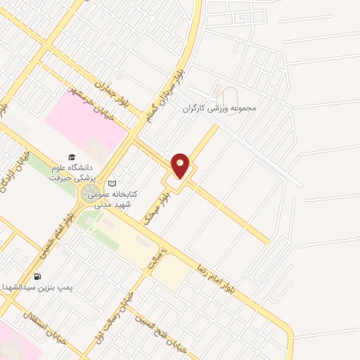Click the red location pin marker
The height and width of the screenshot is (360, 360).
pyautogui.click(x=181, y=166)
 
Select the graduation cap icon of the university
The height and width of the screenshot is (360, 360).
pyautogui.click(x=70, y=157)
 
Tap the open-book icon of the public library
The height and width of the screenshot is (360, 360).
pyautogui.click(x=110, y=183)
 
